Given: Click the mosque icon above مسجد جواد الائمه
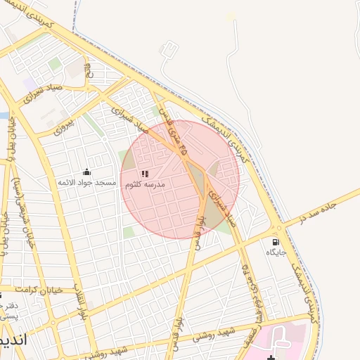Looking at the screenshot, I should point(86,171).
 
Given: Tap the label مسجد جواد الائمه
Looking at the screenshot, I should point(86,182).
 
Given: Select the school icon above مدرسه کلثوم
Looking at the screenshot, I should point(144,174).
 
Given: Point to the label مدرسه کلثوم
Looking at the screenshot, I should point(144,184).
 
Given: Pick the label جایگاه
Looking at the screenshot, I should point(276,252).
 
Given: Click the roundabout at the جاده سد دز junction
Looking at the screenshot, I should point(279,228).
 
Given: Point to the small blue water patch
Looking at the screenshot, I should point(3,115).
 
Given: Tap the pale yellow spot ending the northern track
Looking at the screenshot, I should point(231,15).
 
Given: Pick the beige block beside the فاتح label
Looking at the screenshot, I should point(75,69).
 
